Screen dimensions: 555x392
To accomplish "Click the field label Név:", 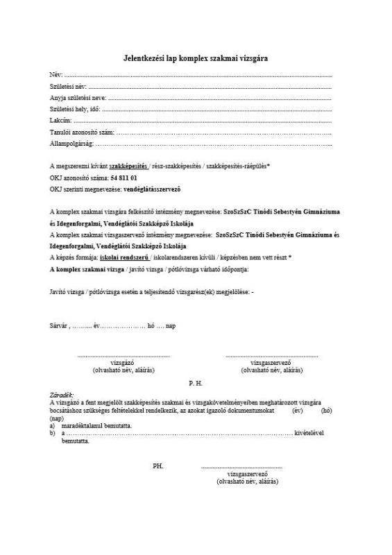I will [56, 74].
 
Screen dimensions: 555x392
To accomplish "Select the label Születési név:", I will [67, 85].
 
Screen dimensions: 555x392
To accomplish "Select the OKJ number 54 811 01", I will [123, 178].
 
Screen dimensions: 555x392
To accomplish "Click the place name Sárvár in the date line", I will [59, 325].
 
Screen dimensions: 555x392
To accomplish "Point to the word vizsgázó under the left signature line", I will [123, 363].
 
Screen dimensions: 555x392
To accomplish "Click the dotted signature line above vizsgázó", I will [123, 355].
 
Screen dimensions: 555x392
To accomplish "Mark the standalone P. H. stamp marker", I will [196, 382].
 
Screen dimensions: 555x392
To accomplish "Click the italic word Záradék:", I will [62, 395].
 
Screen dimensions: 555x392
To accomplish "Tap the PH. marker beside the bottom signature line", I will [158, 466].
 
